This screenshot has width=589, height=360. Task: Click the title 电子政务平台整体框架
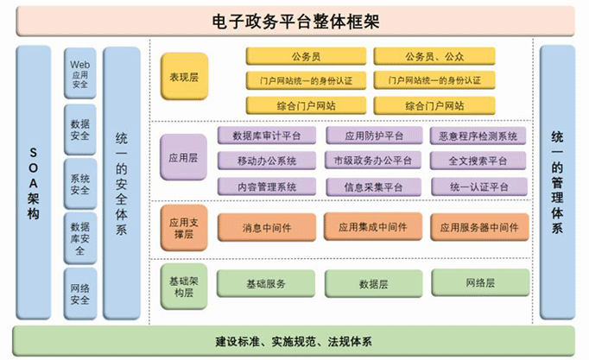(295, 22)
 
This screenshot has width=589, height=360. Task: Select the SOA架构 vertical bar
(34, 183)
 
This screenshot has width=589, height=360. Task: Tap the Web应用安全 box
(80, 73)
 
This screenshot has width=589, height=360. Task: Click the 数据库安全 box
(80, 238)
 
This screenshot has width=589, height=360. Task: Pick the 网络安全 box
(80, 294)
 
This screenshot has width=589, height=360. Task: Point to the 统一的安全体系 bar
(121, 183)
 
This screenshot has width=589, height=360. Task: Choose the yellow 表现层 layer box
(184, 77)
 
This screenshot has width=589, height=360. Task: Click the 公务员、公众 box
(434, 56)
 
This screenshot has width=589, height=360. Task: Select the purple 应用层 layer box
(183, 157)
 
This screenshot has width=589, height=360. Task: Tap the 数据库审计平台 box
(267, 136)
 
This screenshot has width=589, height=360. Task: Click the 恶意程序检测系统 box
(478, 136)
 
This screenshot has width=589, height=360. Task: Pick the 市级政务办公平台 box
(373, 161)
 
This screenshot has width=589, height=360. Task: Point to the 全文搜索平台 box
(478, 161)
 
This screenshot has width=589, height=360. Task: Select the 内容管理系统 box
(267, 186)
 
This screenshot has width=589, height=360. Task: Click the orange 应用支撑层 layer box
(184, 228)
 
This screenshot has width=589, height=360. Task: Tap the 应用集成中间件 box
(373, 227)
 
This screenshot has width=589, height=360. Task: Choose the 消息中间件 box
(267, 228)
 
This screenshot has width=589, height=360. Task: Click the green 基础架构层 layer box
(184, 287)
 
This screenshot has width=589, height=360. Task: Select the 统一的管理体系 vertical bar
(557, 182)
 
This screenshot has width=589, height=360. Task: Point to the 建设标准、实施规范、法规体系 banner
(294, 341)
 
